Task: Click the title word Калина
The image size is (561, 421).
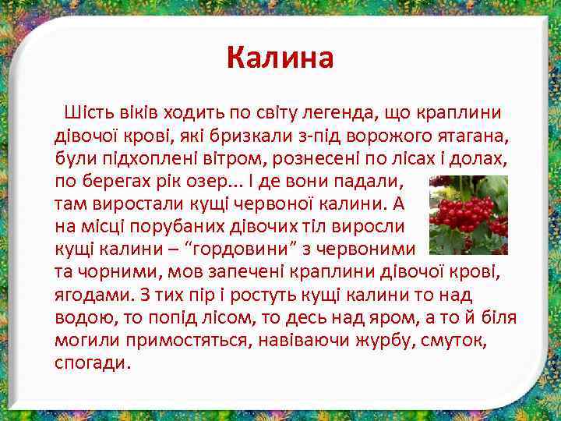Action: pos(280,58)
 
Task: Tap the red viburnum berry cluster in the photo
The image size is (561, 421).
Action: pos(466,210)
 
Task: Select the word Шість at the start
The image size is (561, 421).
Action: pos(90,112)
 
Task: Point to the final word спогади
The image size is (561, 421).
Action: pos(93,363)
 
